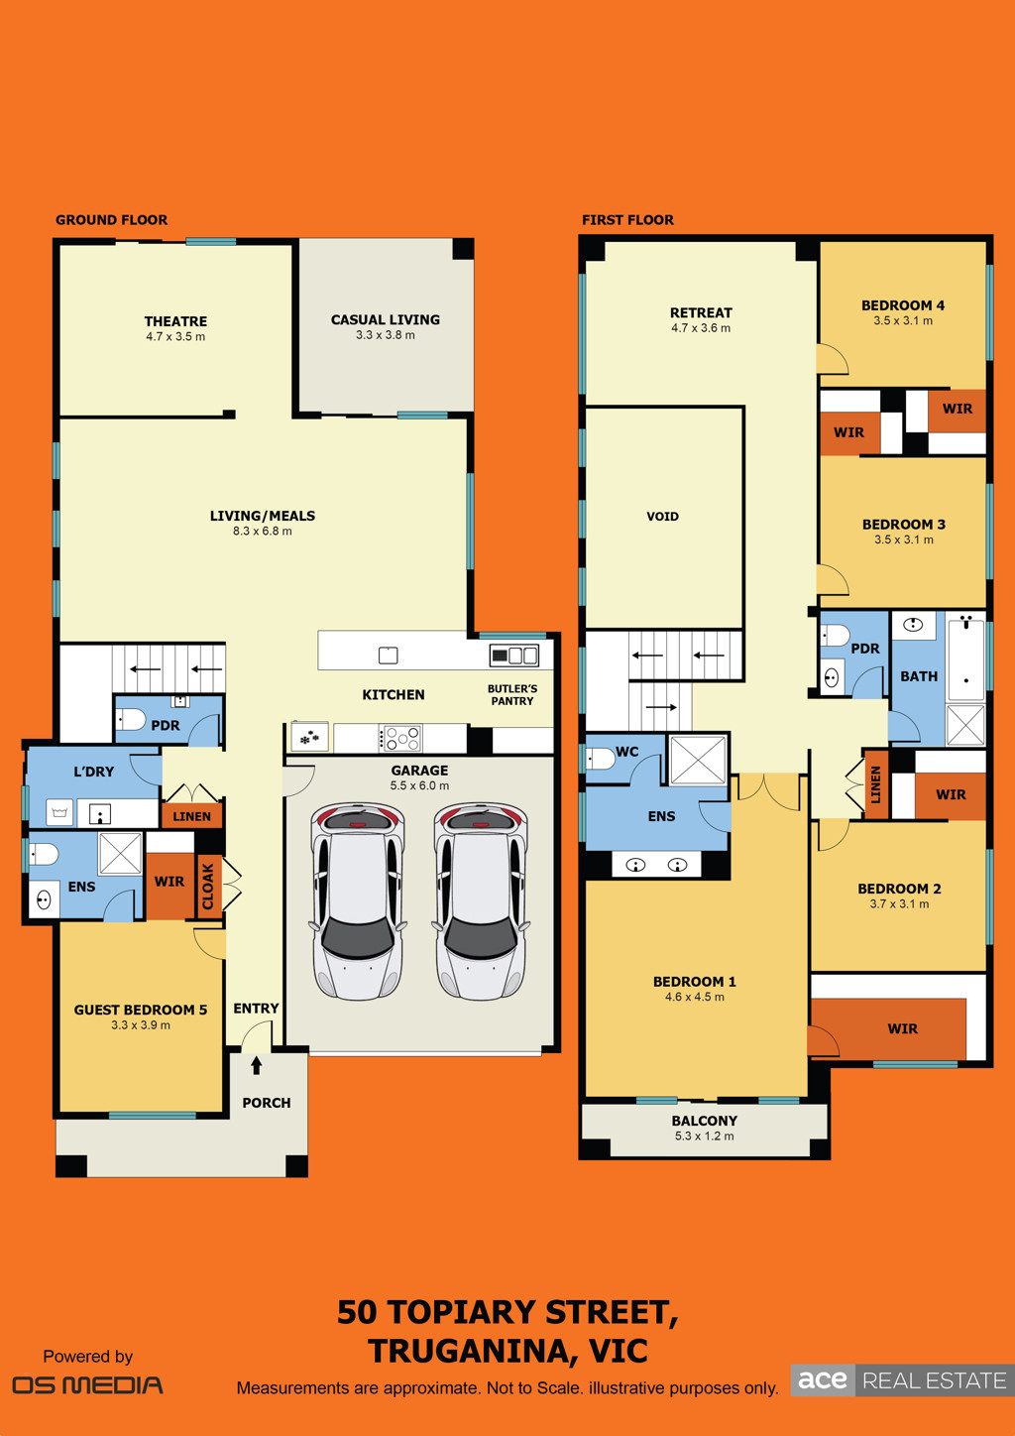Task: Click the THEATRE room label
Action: (x=175, y=321)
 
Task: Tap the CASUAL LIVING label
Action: (x=386, y=319)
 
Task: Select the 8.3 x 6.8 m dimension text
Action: (x=262, y=531)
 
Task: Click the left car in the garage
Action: (x=357, y=901)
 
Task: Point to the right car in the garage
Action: (x=481, y=901)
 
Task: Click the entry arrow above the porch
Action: (x=257, y=1065)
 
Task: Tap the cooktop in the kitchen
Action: (x=400, y=738)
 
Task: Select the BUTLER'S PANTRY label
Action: (x=512, y=695)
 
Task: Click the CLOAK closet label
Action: (x=208, y=887)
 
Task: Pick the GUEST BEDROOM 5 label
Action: (x=141, y=1010)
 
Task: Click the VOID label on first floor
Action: (x=662, y=516)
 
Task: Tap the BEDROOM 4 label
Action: (x=903, y=305)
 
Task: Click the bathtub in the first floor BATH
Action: (x=966, y=658)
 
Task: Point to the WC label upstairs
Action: (x=626, y=752)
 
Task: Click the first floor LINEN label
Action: (x=876, y=784)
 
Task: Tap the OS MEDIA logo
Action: (x=88, y=1385)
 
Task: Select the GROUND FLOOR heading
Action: (x=111, y=220)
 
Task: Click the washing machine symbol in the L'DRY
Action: (x=59, y=813)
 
